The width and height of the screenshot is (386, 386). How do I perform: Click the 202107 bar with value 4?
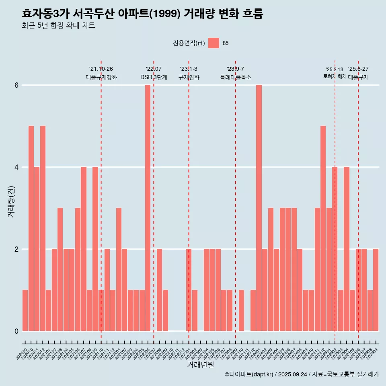[x=84, y=249]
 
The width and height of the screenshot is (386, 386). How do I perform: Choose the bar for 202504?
[x=347, y=249]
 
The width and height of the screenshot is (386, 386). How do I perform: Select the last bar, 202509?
[x=376, y=290]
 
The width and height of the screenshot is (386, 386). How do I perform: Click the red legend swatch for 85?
[x=214, y=43]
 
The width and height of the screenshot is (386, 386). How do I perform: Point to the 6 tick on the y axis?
[x=16, y=85]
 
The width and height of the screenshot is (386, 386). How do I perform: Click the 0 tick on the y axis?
[x=16, y=331]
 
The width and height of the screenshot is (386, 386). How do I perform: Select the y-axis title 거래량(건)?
[x=11, y=201]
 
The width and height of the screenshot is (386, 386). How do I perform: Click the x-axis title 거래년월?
[x=200, y=365]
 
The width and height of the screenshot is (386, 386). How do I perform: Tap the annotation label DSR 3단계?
[x=154, y=77]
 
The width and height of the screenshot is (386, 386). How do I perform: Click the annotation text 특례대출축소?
[x=236, y=77]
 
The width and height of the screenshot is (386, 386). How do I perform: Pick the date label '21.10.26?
[x=101, y=69]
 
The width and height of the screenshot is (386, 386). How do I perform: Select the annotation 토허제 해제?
[x=335, y=76]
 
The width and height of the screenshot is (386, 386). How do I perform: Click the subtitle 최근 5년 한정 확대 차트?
[x=59, y=26]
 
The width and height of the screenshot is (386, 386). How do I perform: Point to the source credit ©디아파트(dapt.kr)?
[x=249, y=375]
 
